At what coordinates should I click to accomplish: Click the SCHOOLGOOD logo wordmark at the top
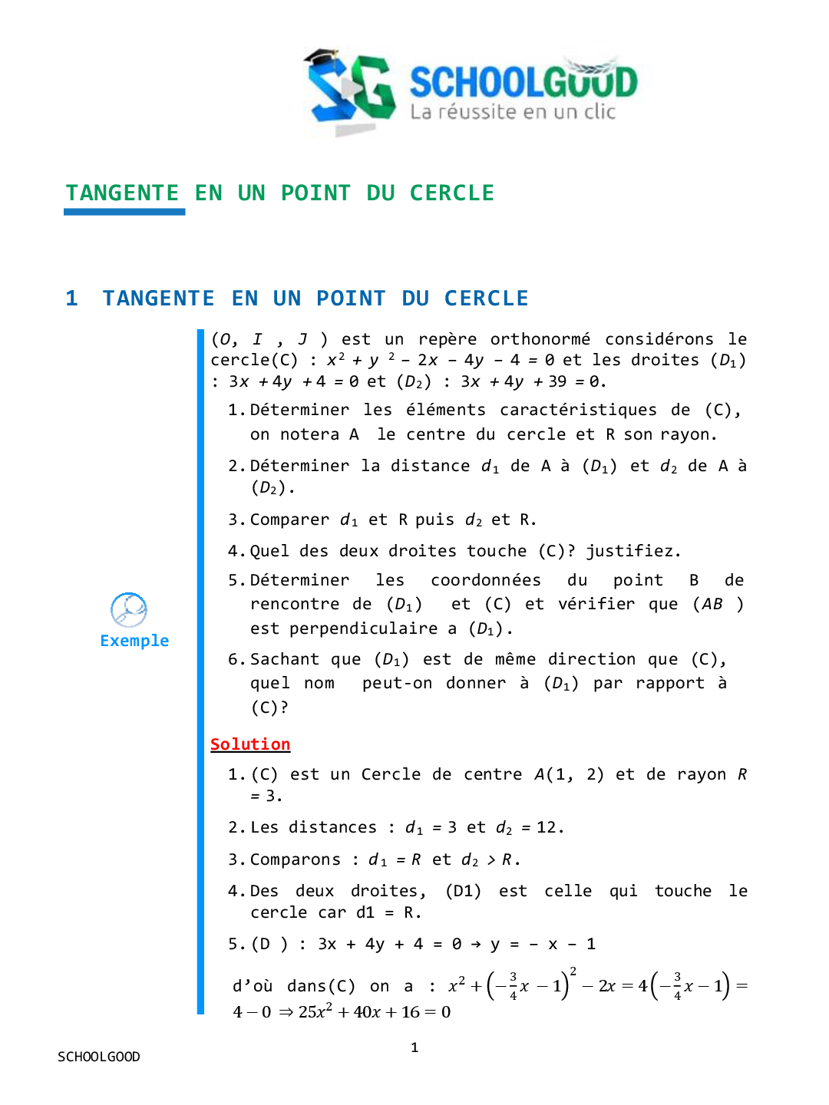pyautogui.click(x=523, y=82)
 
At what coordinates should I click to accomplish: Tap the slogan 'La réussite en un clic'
pyautogui.click(x=513, y=112)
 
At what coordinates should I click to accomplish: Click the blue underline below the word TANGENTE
pyautogui.click(x=124, y=212)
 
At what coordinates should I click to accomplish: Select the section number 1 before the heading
pyautogui.click(x=72, y=299)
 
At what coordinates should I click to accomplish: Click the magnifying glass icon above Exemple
pyautogui.click(x=128, y=610)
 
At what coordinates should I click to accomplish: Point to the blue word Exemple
pyautogui.click(x=134, y=641)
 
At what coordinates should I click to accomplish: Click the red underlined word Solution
pyautogui.click(x=250, y=744)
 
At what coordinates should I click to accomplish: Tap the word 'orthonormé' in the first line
pyautogui.click(x=540, y=339)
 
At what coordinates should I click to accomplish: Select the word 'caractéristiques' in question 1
pyautogui.click(x=578, y=410)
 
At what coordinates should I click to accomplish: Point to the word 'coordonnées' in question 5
pyautogui.click(x=485, y=580)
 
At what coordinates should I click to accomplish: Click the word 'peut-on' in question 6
pyautogui.click(x=397, y=683)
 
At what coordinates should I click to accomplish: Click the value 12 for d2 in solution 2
pyautogui.click(x=546, y=827)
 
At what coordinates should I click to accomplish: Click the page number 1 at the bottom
pyautogui.click(x=414, y=1047)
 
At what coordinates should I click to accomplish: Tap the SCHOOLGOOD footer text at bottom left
pyautogui.click(x=99, y=1057)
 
